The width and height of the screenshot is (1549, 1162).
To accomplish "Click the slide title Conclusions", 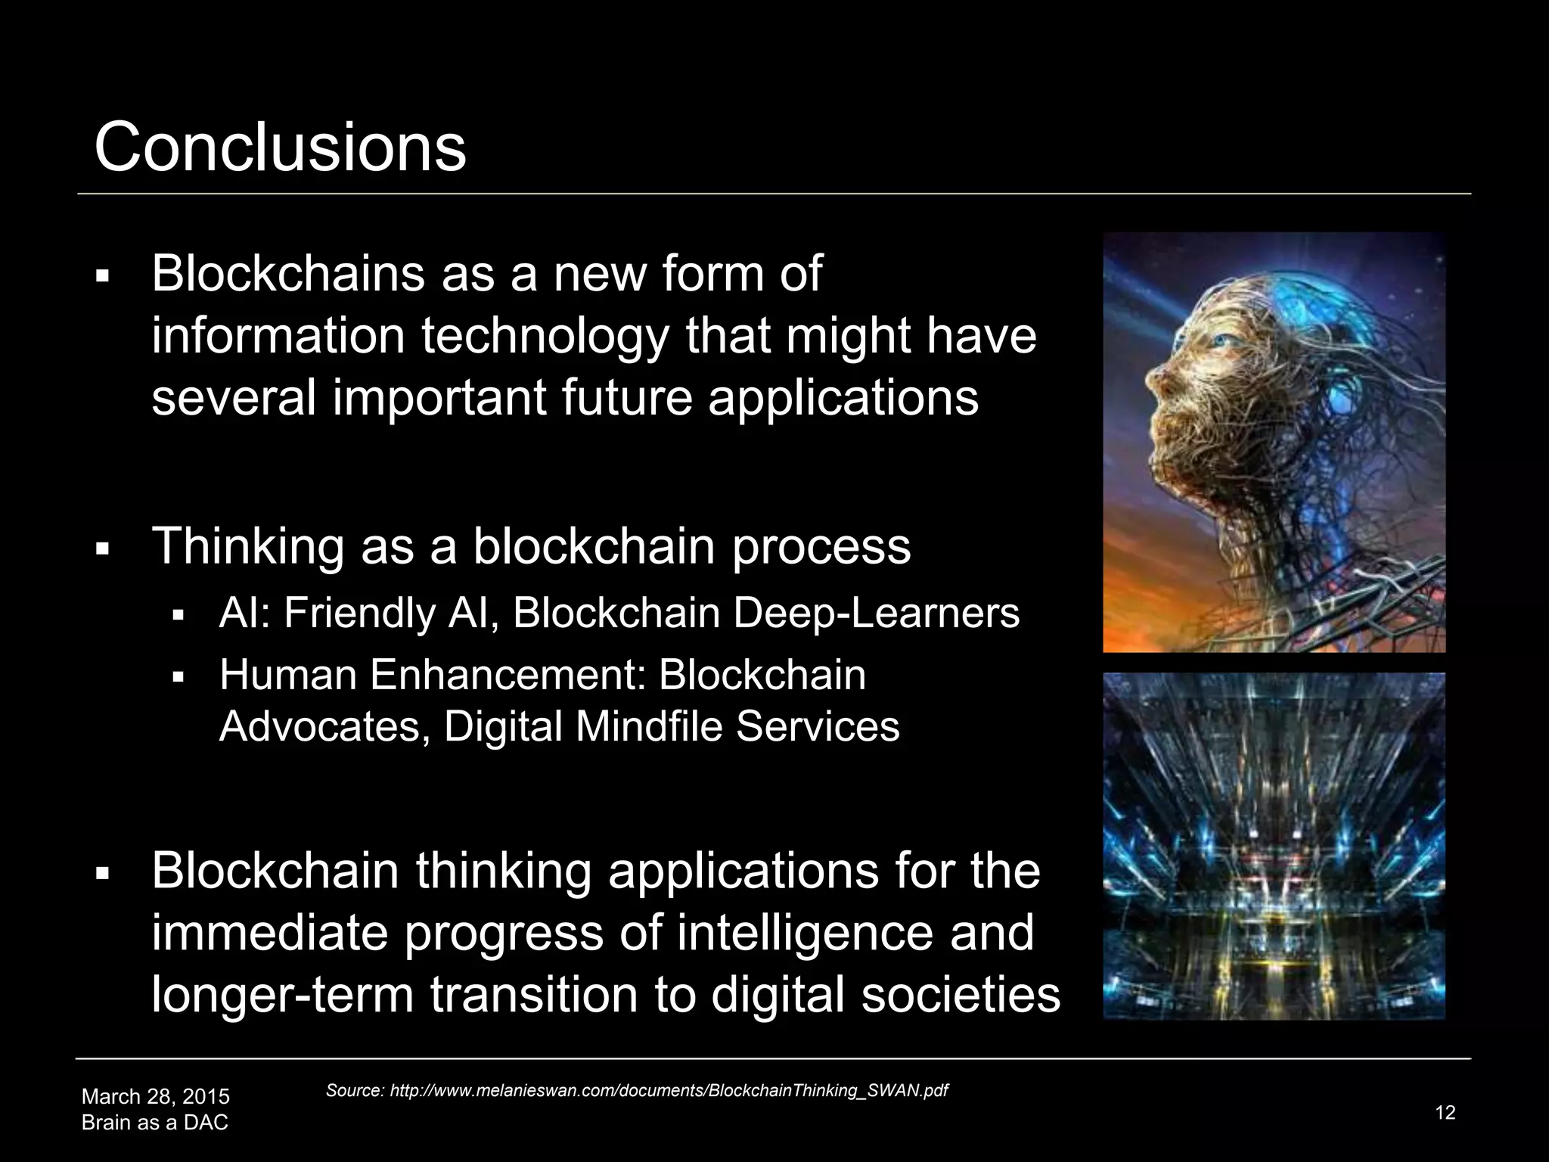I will (280, 147).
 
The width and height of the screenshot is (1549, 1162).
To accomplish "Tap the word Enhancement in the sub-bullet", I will (507, 675).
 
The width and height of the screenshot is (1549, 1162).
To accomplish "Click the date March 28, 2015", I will (155, 1096).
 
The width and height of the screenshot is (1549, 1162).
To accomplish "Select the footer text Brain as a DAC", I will (154, 1122).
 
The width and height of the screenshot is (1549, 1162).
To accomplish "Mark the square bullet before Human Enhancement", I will (178, 676).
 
